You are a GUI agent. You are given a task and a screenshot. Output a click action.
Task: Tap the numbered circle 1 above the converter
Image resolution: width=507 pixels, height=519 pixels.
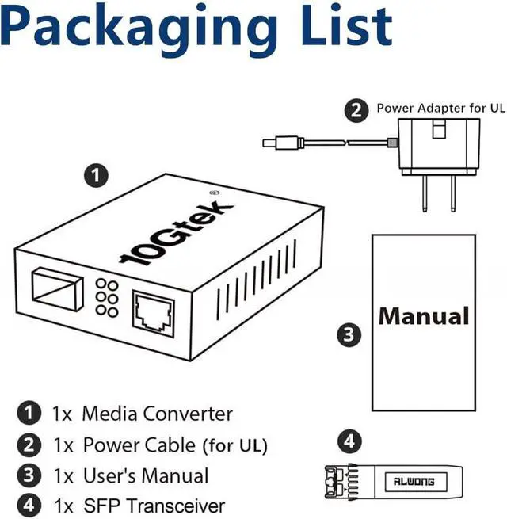(96, 176)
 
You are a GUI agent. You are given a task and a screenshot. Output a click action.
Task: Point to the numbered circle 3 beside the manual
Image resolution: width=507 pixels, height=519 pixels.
(349, 334)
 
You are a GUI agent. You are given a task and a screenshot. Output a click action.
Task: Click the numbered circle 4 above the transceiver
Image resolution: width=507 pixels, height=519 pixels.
(350, 441)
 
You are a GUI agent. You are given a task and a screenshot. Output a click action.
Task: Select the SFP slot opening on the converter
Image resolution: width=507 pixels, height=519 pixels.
(57, 287)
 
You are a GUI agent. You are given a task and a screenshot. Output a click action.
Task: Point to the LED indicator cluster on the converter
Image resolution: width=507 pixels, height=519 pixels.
(108, 299)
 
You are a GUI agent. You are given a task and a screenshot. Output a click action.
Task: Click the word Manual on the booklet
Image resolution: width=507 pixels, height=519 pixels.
(424, 315)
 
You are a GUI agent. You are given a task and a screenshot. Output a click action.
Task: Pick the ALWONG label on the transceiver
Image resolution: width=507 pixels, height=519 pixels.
(425, 480)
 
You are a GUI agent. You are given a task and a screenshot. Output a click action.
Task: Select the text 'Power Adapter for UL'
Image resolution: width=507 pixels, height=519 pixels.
(441, 108)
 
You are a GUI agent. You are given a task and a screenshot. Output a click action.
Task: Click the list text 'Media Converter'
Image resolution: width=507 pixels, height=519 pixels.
(158, 413)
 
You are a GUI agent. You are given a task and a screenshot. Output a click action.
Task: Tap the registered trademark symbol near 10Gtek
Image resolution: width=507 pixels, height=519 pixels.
(212, 191)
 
